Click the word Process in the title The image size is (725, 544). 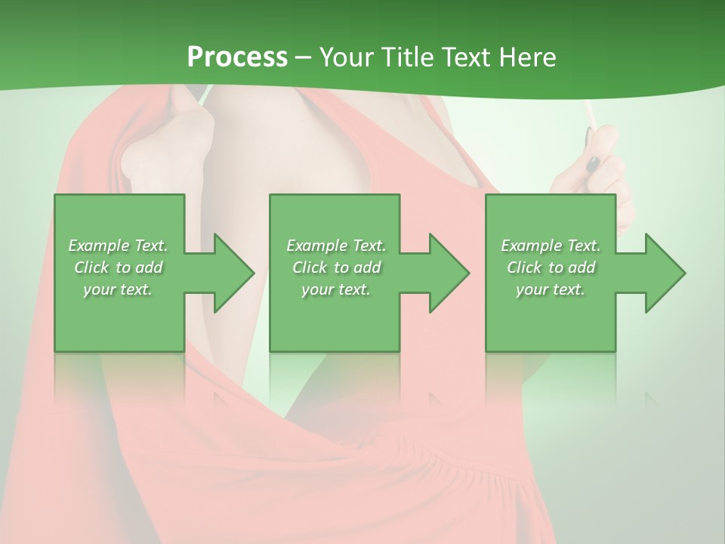click(x=237, y=57)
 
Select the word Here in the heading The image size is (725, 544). click(x=527, y=57)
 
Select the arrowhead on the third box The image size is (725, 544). click(x=664, y=273)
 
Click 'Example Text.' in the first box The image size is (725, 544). click(x=118, y=246)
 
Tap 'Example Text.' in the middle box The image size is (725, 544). click(x=336, y=246)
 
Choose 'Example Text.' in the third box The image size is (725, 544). click(x=551, y=246)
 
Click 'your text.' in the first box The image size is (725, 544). click(x=118, y=289)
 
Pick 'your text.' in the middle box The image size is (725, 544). click(x=336, y=289)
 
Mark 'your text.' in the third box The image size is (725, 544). click(x=551, y=289)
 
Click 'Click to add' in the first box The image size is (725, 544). click(x=118, y=267)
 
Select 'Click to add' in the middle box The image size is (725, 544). click(x=336, y=267)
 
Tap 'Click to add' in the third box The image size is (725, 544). click(x=551, y=267)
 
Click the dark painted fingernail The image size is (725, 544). click(x=594, y=162)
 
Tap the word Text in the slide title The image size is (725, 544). click(x=461, y=57)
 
